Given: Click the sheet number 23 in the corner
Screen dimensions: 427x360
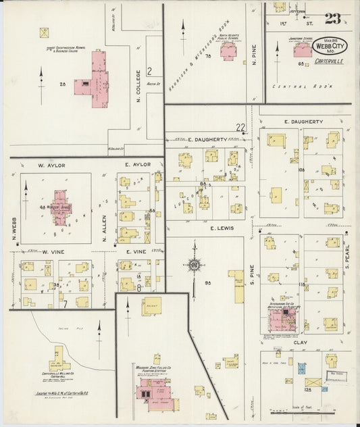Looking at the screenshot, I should click(332, 19).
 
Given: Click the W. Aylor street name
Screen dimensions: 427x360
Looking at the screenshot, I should click(50, 165).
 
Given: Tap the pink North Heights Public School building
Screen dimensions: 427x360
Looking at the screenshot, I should click(228, 53).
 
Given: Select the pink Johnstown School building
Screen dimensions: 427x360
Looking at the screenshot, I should click(303, 51).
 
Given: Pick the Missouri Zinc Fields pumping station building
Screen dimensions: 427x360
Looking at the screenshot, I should click(152, 392).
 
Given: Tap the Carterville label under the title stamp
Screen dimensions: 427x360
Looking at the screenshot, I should click(328, 61).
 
